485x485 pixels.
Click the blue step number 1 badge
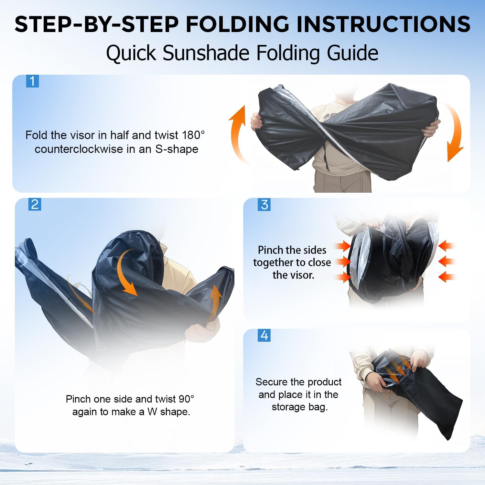point(32,81)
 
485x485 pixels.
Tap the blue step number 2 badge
point(35,204)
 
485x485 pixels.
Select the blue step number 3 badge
point(264,205)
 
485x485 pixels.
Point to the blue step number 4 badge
point(264,335)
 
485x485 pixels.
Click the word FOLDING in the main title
point(238,24)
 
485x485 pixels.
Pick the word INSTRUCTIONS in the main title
point(384,24)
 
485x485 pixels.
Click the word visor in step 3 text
point(303,275)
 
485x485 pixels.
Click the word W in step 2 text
point(152,412)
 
